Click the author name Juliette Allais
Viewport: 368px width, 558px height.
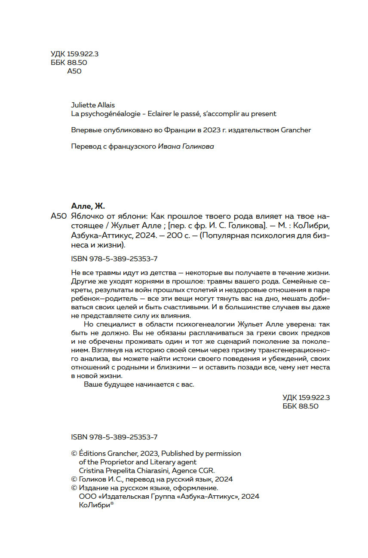pos(92,105)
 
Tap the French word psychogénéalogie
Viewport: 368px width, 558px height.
pos(106,114)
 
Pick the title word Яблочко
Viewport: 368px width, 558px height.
pos(87,216)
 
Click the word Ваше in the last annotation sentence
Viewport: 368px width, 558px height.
pos(92,384)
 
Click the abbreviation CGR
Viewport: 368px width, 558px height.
pos(206,470)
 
